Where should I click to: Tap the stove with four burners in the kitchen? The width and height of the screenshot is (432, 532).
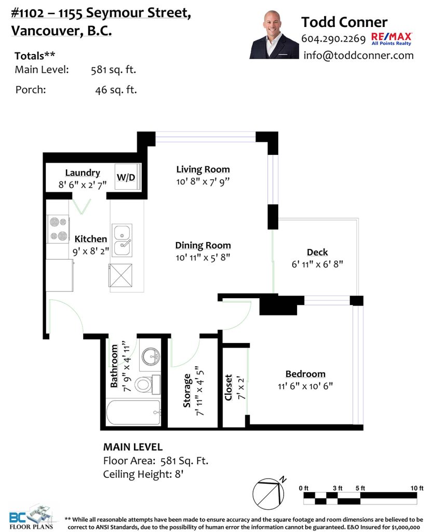tap(58, 229)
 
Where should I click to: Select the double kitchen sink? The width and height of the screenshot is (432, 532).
tap(122, 240)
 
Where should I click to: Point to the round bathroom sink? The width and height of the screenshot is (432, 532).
tap(151, 356)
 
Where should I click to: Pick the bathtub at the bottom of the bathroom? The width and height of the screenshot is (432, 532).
tap(133, 412)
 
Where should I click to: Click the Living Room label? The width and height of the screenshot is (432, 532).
tap(203, 169)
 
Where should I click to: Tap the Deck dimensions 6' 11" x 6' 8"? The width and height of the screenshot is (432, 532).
tap(317, 264)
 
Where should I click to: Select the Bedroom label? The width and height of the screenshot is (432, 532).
tap(305, 374)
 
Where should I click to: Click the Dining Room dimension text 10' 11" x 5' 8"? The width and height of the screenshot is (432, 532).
tap(203, 258)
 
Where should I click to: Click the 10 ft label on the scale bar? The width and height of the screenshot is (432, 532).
tap(417, 488)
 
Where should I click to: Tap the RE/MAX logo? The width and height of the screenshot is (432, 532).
tap(392, 38)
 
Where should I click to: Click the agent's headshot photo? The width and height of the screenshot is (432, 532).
tap(274, 35)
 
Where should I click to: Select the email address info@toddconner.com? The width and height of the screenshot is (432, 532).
tap(358, 55)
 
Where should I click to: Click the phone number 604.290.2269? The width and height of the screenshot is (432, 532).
tap(333, 38)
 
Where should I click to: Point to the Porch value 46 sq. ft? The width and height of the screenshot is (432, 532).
tap(116, 90)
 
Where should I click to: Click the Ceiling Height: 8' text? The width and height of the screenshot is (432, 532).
tap(143, 474)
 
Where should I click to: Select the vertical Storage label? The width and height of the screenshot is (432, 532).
tap(187, 391)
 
